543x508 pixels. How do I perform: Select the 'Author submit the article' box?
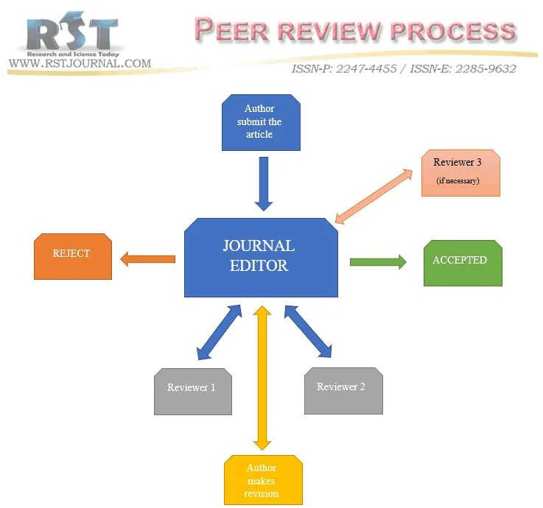coord(261,122)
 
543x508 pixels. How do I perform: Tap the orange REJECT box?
coord(72,256)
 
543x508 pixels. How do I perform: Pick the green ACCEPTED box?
coord(462,262)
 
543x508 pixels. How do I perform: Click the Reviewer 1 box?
coord(192,390)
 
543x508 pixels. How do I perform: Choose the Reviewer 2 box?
coord(343,389)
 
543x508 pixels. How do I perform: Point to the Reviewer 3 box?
coord(460,172)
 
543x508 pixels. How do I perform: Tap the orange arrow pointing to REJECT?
coord(147,258)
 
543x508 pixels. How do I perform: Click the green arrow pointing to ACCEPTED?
coord(378,261)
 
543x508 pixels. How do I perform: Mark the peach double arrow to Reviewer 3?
coord(374,195)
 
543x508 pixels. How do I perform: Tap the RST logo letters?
coord(71,33)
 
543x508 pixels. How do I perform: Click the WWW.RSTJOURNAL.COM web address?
coord(80,63)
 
